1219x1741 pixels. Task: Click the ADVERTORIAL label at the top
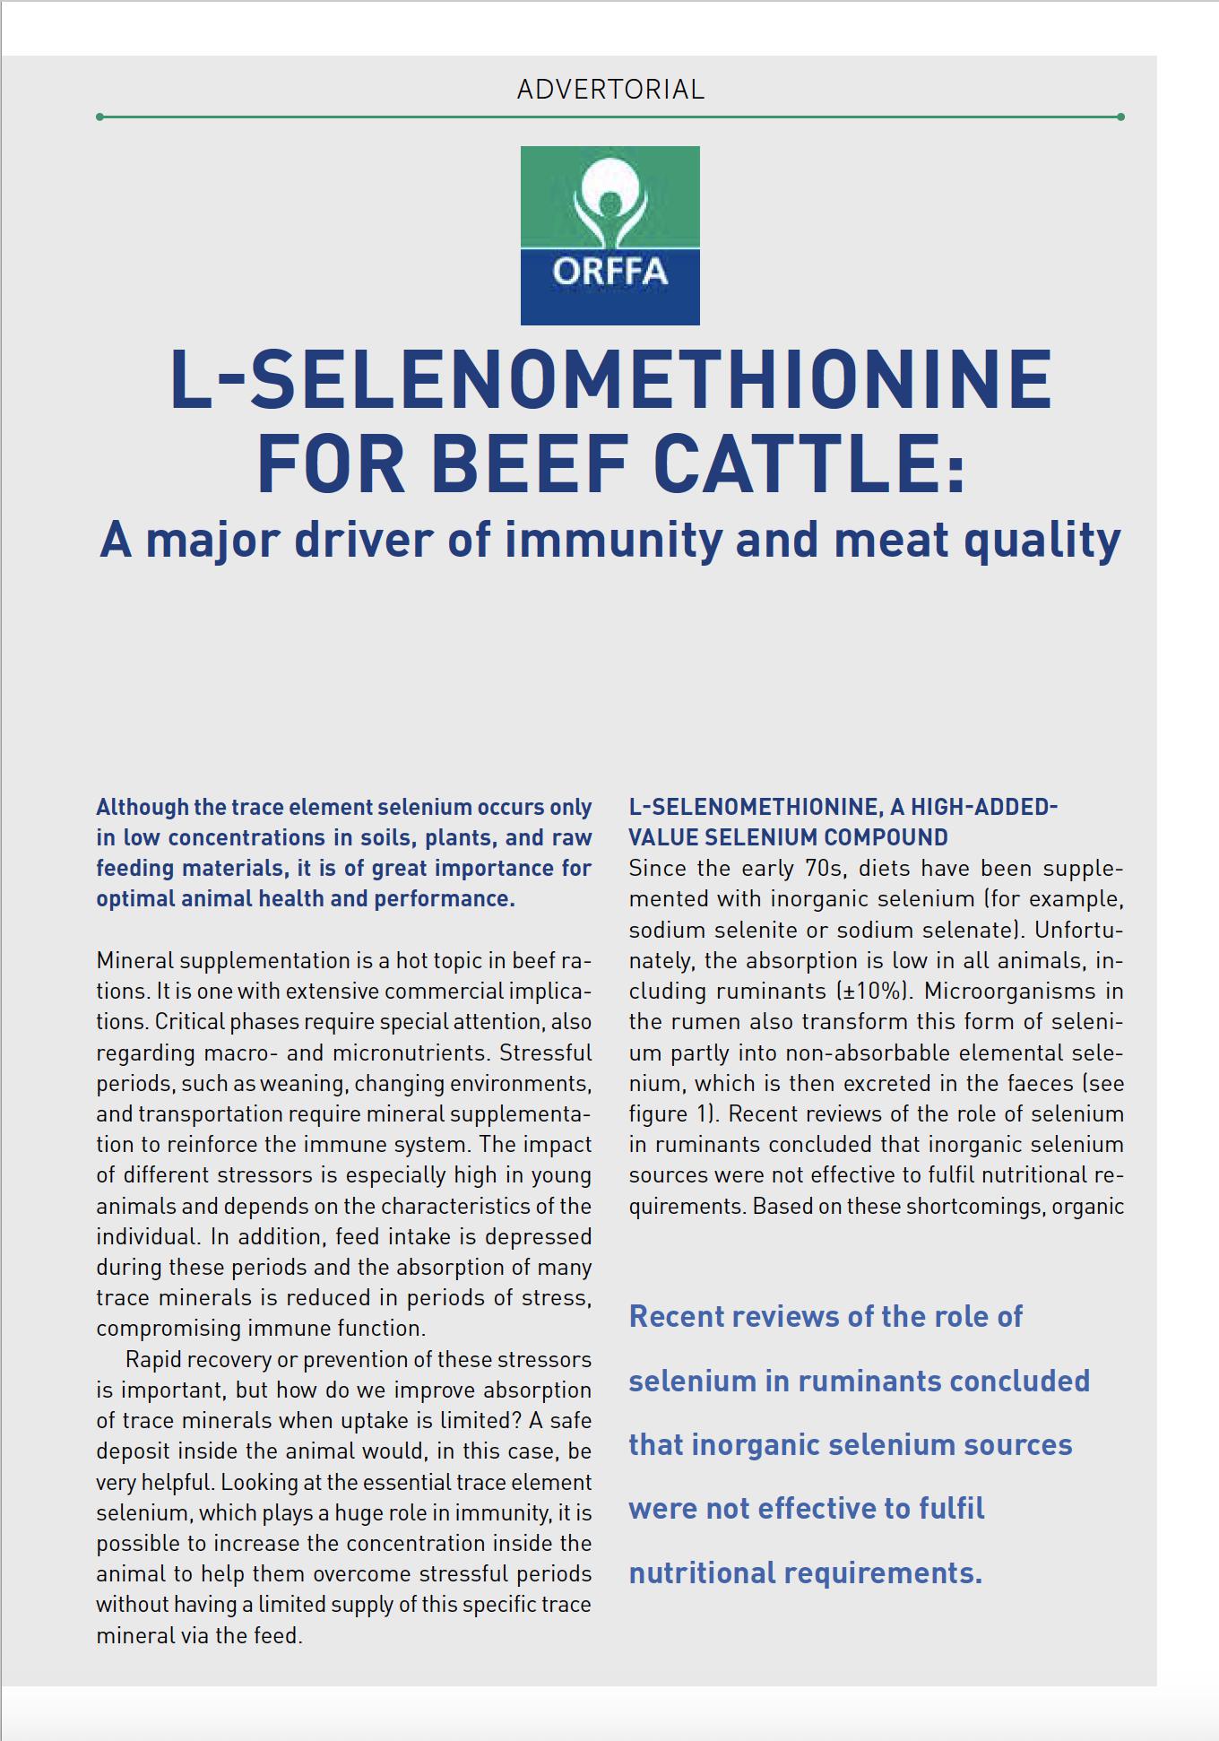tap(610, 90)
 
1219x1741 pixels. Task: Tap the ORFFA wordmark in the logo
tap(609, 271)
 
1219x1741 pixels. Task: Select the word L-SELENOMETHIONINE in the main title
tap(610, 379)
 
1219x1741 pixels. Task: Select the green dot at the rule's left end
tap(99, 117)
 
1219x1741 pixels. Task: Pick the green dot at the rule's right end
tap(1121, 117)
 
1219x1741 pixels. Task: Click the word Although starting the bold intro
tap(142, 807)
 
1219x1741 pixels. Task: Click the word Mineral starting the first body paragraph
tap(134, 960)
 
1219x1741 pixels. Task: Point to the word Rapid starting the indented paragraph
tap(153, 1359)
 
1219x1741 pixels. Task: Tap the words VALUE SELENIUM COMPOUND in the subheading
tap(788, 837)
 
